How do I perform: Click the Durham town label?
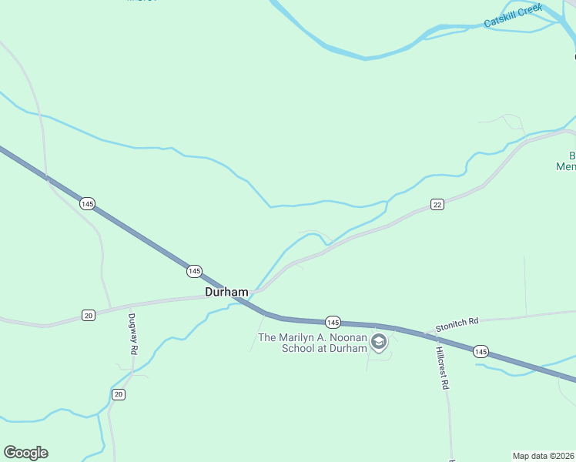click(x=226, y=293)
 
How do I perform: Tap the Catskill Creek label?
click(x=513, y=17)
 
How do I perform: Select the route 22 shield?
click(x=437, y=204)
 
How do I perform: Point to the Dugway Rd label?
click(x=133, y=333)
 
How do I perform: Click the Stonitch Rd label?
click(x=457, y=326)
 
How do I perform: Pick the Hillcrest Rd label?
click(x=441, y=367)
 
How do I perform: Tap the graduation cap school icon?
click(x=378, y=341)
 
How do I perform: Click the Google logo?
click(x=25, y=453)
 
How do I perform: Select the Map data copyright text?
click(x=544, y=455)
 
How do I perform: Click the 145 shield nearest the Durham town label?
click(x=194, y=271)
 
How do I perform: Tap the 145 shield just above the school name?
click(x=332, y=321)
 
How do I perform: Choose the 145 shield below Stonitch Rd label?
click(x=481, y=351)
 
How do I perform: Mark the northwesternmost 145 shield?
click(x=87, y=203)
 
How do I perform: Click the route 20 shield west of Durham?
click(x=89, y=316)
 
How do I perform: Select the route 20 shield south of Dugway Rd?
click(x=118, y=394)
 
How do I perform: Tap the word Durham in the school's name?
click(x=341, y=348)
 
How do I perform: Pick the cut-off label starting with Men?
click(x=566, y=166)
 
